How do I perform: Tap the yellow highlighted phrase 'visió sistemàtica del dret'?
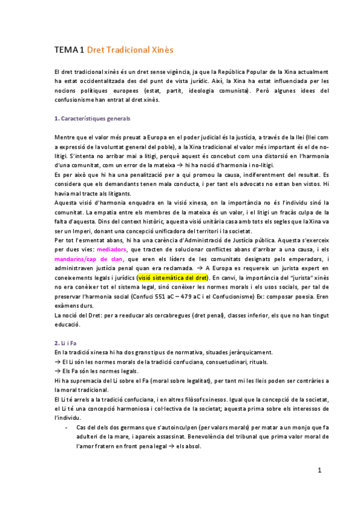tap(172, 278)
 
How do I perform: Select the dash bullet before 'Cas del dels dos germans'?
tap(66, 426)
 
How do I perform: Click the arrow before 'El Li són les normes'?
tap(57, 361)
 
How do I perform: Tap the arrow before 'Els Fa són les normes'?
tap(57, 370)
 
